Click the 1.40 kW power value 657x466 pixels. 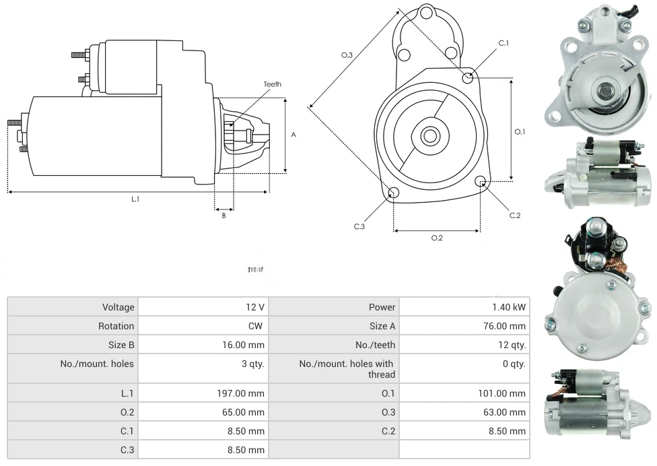[509, 307]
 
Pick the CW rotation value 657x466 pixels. [258, 326]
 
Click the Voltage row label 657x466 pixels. [118, 307]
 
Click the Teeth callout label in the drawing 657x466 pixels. [273, 84]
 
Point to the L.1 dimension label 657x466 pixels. [135, 199]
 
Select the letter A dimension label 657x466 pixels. [293, 135]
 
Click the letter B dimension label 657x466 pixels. [224, 215]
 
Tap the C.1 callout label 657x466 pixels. [503, 43]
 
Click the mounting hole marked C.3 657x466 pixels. [394, 194]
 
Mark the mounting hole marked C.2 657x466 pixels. [481, 181]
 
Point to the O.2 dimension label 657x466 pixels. [437, 238]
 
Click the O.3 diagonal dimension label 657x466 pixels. [347, 55]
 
